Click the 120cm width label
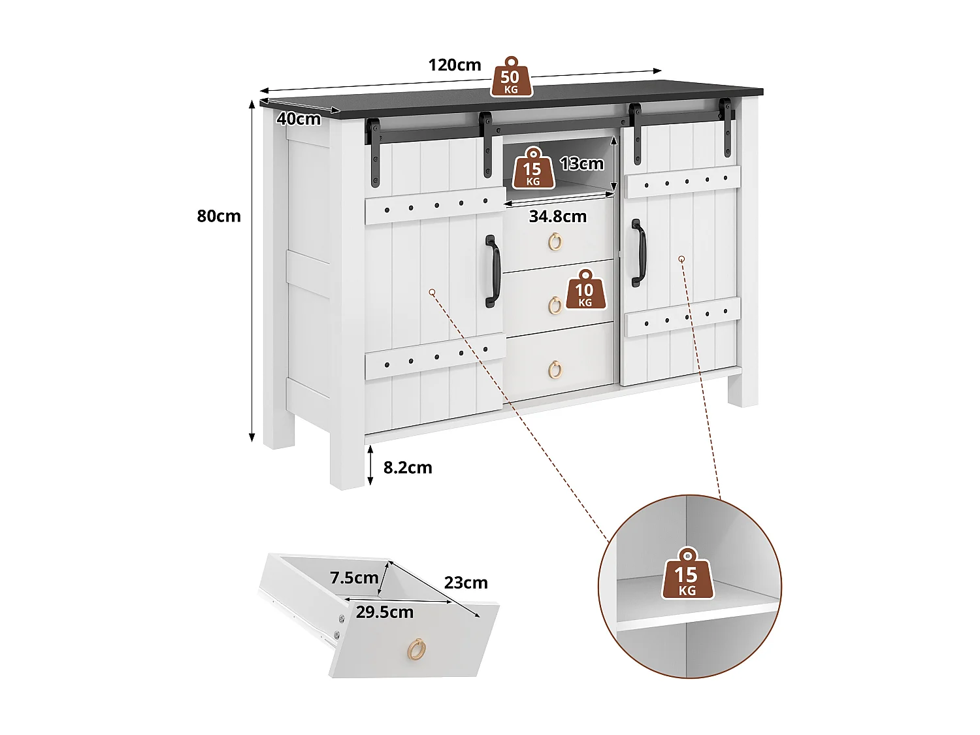coord(455,65)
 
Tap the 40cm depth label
coord(299,119)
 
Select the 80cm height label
coord(219,216)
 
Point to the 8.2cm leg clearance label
coord(408,468)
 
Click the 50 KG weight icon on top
coord(511,78)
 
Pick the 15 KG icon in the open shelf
coord(533,169)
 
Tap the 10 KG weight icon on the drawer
coord(585,289)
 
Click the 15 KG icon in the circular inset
coord(687,575)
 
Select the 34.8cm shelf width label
coord(557,216)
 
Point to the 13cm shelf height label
coord(581,163)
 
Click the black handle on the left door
coord(492,272)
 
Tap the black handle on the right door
coord(638,253)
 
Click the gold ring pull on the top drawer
coord(555,242)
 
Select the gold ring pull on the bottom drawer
coord(555,369)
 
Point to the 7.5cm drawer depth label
coord(354,578)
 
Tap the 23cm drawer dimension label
coord(466,583)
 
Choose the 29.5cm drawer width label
coord(384,612)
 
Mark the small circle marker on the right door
coord(681,259)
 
